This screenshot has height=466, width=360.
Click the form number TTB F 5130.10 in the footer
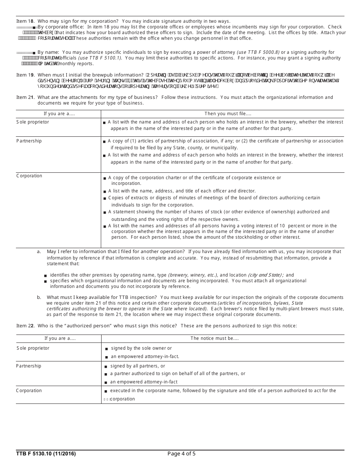46,454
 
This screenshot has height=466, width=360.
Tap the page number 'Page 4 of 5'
182,454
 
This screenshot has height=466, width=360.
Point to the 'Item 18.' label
25,21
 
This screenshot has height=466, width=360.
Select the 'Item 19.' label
25,75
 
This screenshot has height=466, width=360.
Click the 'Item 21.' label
25,97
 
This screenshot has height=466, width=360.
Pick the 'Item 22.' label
25,326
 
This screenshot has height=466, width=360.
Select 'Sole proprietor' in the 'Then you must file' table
33,122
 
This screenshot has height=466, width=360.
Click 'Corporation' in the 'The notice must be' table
29,391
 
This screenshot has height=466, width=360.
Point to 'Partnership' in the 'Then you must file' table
29,141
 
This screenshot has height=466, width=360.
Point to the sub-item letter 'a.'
39,252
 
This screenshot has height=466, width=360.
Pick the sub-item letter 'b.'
39,297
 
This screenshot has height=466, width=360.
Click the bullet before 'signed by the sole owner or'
106,349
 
